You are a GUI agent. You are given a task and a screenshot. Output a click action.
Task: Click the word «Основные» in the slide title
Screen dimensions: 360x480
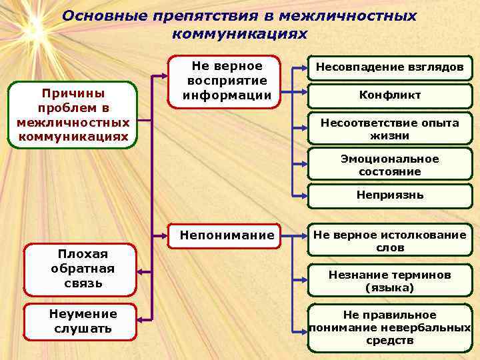[x=100, y=15]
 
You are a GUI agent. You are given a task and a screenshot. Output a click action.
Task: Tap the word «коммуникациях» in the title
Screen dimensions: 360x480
[x=239, y=33]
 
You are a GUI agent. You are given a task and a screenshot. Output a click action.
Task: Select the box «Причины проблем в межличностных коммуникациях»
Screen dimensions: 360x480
[x=73, y=115]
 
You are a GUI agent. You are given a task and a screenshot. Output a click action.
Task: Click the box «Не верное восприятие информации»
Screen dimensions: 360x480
[x=227, y=81]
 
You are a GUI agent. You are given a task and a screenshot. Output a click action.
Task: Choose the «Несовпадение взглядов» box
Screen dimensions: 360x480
[x=389, y=67]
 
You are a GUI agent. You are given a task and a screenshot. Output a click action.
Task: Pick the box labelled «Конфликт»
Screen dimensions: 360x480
[x=389, y=95]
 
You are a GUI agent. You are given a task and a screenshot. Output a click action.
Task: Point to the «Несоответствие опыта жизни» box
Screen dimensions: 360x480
[x=389, y=129]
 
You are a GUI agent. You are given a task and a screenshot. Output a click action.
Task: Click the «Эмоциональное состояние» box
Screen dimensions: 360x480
[x=389, y=165]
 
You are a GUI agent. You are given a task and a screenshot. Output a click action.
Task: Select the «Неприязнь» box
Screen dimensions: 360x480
[x=389, y=195]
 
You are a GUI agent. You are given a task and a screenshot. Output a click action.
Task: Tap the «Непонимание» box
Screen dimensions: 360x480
[x=227, y=235]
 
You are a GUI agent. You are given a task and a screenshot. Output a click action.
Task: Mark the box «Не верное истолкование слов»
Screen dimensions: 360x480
[x=389, y=241]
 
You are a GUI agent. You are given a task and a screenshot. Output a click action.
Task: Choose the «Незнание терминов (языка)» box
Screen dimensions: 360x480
[x=389, y=281]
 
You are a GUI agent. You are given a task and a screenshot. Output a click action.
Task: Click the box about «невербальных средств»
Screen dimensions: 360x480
[x=389, y=327]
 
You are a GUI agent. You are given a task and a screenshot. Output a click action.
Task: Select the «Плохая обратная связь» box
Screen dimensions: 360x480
[x=81, y=270]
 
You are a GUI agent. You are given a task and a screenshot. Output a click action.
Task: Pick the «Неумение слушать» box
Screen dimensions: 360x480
[x=81, y=321]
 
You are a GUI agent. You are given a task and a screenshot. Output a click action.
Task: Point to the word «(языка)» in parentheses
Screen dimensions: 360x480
[x=389, y=288]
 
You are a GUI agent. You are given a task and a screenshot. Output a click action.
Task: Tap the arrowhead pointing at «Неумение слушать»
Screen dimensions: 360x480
[x=143, y=321]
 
